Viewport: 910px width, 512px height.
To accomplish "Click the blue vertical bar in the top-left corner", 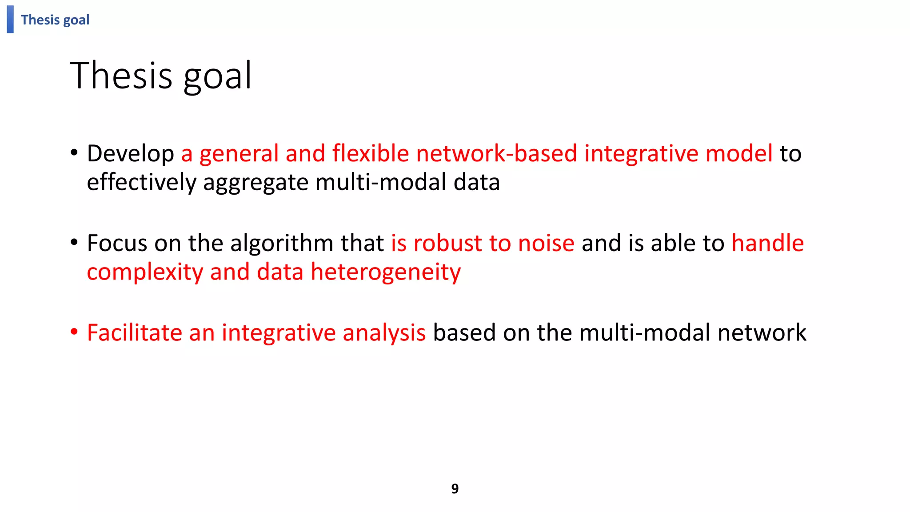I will (10, 19).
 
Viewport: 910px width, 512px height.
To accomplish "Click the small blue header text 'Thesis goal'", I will (55, 20).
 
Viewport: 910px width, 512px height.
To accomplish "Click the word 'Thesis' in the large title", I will (121, 76).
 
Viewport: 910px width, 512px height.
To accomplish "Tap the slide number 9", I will (455, 488).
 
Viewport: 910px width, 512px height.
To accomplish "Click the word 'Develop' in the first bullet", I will (130, 154).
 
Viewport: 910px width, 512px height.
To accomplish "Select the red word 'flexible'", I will (371, 154).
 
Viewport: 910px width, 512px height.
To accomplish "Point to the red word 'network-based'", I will (496, 154).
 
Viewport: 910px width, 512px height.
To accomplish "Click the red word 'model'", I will (739, 154).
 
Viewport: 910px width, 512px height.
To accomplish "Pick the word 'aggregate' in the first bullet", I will (255, 183).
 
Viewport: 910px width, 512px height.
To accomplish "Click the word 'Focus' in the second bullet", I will (117, 244).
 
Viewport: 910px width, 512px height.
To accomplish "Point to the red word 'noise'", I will (546, 244).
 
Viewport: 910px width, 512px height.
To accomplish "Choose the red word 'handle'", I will (767, 244).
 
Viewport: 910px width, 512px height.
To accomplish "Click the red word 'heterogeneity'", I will (385, 272).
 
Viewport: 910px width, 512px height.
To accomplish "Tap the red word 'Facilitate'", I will (134, 333).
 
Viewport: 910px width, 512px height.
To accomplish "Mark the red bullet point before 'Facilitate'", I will (74, 332).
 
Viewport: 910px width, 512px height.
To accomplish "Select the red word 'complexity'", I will (145, 272).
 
